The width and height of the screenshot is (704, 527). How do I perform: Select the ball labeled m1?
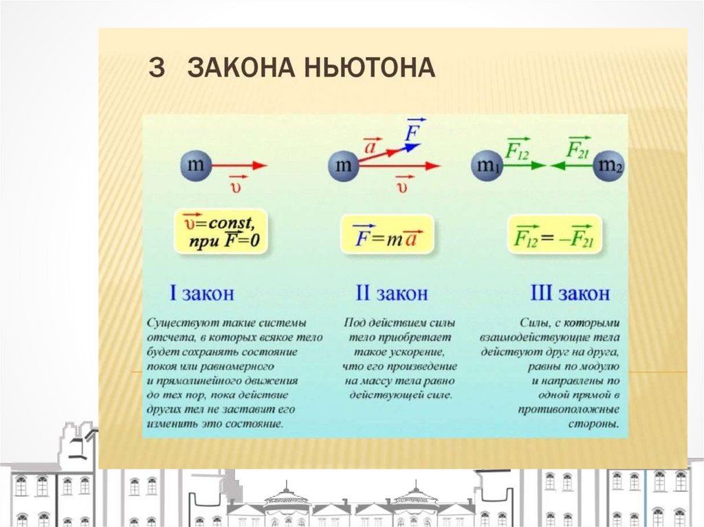(x=486, y=166)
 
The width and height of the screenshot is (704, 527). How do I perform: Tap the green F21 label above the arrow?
(x=574, y=148)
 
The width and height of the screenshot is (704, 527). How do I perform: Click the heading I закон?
(x=201, y=293)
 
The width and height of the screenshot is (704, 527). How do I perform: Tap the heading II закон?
(x=391, y=293)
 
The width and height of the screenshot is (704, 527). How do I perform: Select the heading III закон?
(x=570, y=293)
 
